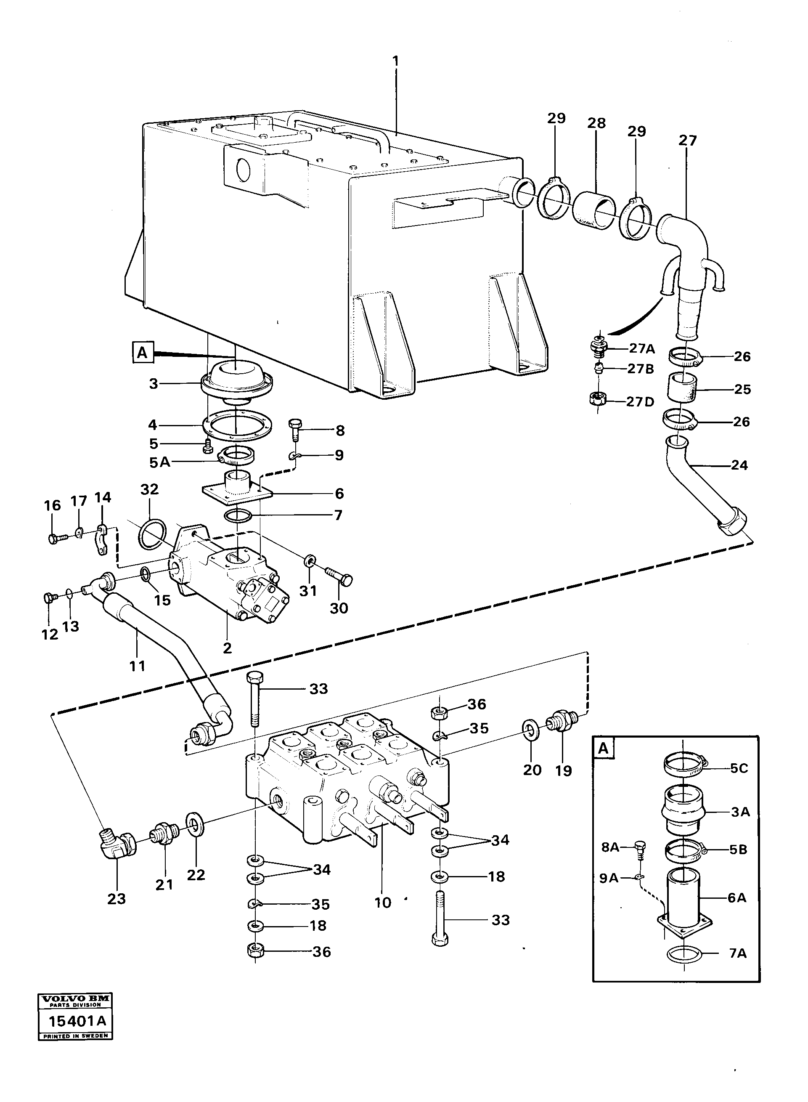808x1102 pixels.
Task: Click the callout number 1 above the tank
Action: (395, 61)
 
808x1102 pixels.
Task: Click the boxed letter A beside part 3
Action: (142, 352)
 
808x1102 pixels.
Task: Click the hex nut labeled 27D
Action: (597, 398)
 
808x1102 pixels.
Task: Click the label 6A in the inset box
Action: (736, 898)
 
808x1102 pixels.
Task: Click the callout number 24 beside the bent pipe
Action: (739, 465)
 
